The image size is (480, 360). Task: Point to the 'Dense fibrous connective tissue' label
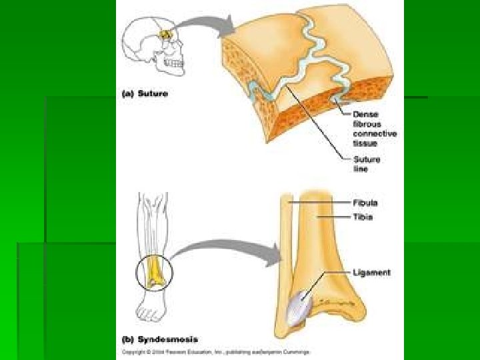(375, 129)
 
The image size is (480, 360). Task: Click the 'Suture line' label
(366, 164)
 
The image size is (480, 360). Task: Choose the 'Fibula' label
(366, 203)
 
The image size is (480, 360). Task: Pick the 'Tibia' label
(364, 217)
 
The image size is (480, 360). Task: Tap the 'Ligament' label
(372, 272)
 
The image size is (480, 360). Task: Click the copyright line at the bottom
(217, 351)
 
